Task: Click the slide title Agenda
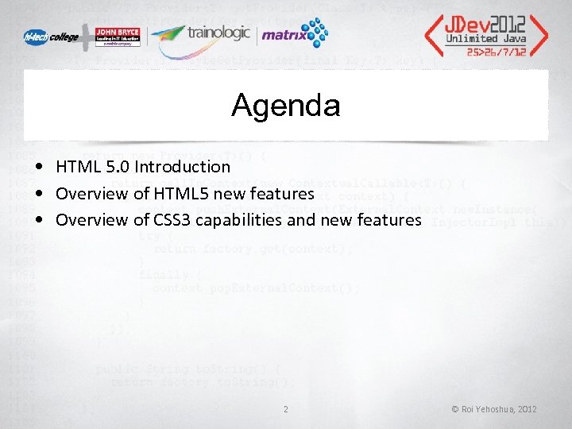[x=285, y=106]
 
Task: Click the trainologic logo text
[x=218, y=33]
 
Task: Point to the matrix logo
[x=294, y=34]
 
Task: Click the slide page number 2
[x=285, y=409]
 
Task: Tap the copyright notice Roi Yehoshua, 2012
[x=494, y=409]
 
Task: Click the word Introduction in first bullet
[x=182, y=167]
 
